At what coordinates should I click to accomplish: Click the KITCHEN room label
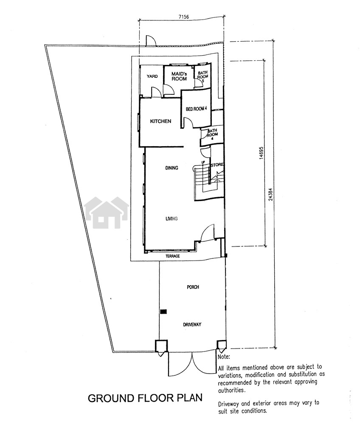point(160,121)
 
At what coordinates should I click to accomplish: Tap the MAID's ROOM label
point(179,76)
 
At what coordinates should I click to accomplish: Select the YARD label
point(152,76)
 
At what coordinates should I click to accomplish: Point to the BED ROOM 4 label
point(196,109)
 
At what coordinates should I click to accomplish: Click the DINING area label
point(172,168)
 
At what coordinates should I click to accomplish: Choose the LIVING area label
point(172,218)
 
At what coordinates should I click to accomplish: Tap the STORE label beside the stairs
point(217,164)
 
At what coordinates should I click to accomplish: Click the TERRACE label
point(172,256)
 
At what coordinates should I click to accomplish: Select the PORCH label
point(193,287)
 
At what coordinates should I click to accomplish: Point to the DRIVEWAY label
point(192,324)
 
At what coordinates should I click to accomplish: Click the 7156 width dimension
point(184,17)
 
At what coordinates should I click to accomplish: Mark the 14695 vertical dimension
point(261,153)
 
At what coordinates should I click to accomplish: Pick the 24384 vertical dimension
point(271,194)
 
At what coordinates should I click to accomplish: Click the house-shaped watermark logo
point(107,213)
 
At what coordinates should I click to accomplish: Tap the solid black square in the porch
point(163,312)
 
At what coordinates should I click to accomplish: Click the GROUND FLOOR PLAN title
point(145,398)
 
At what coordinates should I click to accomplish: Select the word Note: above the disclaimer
point(224,357)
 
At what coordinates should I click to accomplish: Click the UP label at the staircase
point(203,162)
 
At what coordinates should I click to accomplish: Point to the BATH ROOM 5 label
point(203,76)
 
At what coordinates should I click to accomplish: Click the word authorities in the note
point(232,390)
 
